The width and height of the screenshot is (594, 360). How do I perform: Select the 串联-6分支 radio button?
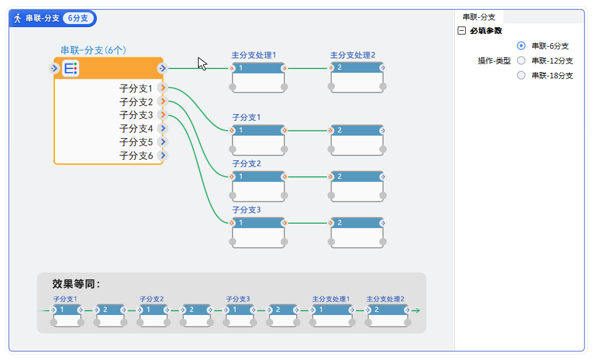coord(521,46)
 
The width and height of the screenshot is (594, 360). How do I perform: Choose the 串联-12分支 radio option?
coord(521,60)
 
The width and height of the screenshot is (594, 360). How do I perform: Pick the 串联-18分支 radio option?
coord(521,75)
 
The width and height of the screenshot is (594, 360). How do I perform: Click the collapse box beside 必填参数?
coord(462,31)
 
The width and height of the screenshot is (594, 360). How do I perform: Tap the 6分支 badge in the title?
coord(78,18)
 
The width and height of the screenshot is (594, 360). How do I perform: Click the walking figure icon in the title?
coord(18,18)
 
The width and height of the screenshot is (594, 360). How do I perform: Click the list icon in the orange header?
coord(70,68)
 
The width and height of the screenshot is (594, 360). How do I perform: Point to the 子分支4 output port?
coord(163,128)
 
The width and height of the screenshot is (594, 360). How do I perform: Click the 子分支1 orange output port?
coord(163,89)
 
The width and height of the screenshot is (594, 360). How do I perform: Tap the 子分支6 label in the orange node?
coord(136,156)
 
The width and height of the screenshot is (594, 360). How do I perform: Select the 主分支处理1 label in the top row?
coord(254,55)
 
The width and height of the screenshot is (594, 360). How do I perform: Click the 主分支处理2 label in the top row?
coord(352,55)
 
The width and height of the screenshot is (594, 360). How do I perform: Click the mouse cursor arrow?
coord(202,63)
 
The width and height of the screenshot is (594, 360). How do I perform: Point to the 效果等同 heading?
coord(76,284)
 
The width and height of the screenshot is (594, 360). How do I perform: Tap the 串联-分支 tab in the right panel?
coord(479,17)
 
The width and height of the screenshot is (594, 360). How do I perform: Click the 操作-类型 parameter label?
coord(494,61)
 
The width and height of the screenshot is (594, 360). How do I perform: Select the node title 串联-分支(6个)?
coord(93,50)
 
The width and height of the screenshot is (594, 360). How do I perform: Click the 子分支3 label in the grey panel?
coord(237,299)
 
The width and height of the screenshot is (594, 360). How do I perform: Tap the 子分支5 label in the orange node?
coord(136,142)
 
